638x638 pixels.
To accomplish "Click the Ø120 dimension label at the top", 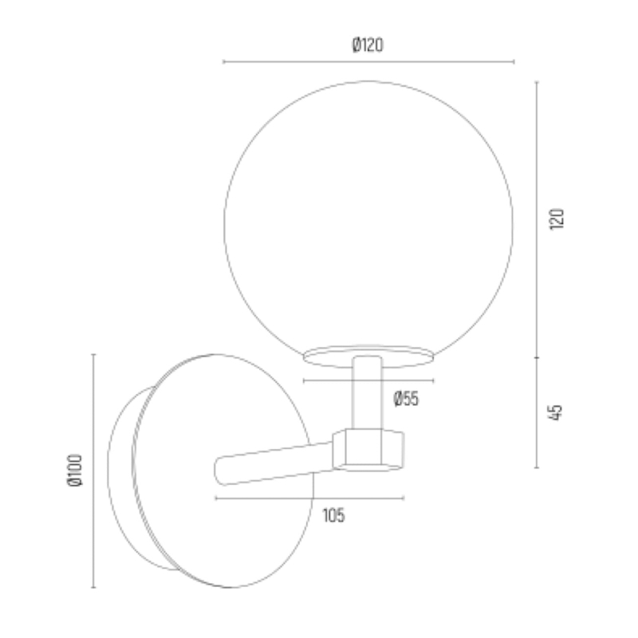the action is (x=368, y=45).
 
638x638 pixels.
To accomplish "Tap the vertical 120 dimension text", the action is (x=557, y=219).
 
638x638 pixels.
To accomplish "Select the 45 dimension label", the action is (x=556, y=412).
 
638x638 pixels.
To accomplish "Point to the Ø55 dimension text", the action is (x=406, y=398).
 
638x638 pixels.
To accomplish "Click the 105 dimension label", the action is (x=333, y=515).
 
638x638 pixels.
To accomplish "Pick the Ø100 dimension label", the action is (x=74, y=470).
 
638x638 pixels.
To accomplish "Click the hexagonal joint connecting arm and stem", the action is (x=368, y=450).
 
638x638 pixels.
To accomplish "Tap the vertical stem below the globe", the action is (x=367, y=392).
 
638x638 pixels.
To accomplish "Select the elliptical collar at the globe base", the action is (x=368, y=356).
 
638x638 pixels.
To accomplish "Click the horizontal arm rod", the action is (x=274, y=464).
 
